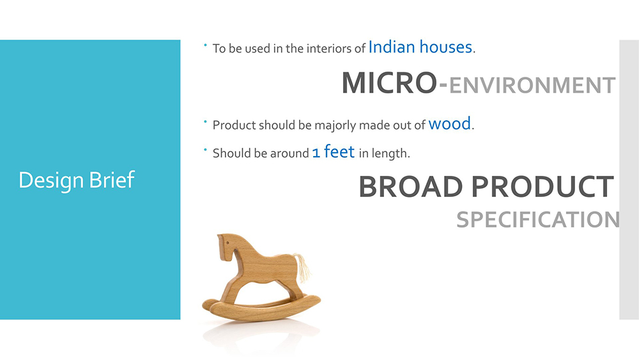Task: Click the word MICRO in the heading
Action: point(389,82)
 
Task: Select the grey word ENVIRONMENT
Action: point(532,85)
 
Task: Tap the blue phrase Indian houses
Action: point(420,47)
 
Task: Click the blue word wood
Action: point(449,123)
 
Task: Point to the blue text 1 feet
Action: point(334,152)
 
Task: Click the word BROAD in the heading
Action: point(411,187)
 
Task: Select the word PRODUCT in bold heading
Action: point(543,187)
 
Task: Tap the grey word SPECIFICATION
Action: point(538,220)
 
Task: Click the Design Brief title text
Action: point(77,180)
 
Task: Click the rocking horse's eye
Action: point(227,243)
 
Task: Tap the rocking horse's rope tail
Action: point(302,267)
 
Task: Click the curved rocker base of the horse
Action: point(261,308)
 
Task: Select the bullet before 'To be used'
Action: point(205,45)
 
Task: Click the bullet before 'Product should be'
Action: point(205,121)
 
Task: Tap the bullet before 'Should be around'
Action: point(205,150)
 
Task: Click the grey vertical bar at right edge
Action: point(629,180)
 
